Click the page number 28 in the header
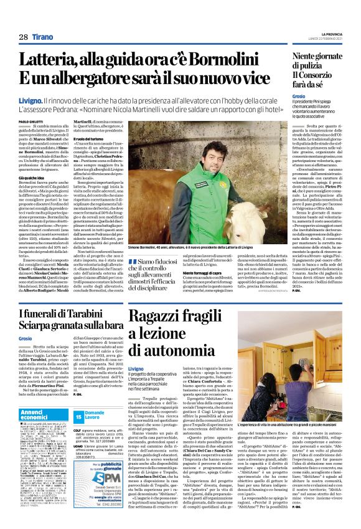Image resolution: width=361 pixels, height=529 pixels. point(24,37)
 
